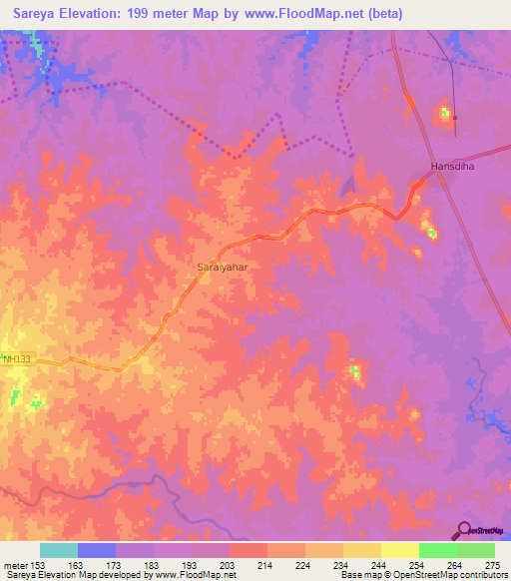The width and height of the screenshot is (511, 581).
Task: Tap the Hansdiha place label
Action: (448, 166)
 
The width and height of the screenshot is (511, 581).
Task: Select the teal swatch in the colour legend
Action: (59, 550)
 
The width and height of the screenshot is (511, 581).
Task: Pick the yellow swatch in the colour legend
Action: (400, 550)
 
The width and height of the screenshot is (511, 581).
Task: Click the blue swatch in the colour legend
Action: (97, 550)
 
